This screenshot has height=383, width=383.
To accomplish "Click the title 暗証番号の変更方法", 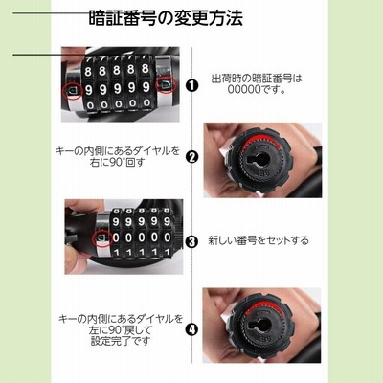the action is pyautogui.click(x=166, y=18).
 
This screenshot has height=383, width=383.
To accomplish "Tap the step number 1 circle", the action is pyautogui.click(x=191, y=85).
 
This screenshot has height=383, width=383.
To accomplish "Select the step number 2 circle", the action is pyautogui.click(x=191, y=157).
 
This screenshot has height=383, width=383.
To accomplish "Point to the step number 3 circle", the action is pyautogui.click(x=191, y=241).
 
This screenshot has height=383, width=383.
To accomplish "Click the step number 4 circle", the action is pyautogui.click(x=191, y=329).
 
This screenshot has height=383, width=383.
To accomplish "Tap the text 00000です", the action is pyautogui.click(x=257, y=90).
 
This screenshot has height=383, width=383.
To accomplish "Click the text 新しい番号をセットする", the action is pyautogui.click(x=259, y=240).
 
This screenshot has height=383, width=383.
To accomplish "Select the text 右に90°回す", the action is pyautogui.click(x=118, y=163).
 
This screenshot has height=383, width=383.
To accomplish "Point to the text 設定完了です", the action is pyautogui.click(x=121, y=341).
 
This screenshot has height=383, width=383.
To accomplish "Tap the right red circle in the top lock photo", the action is pyautogui.click(x=166, y=84).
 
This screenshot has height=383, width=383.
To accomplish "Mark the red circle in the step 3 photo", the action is pyautogui.click(x=101, y=238).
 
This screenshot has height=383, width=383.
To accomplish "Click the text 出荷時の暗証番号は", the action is pyautogui.click(x=257, y=79).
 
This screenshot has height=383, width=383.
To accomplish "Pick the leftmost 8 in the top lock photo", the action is pyautogui.click(x=88, y=72).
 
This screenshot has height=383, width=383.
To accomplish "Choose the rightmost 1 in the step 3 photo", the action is pyautogui.click(x=167, y=252).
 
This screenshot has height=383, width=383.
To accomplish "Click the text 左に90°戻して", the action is pyautogui.click(x=121, y=329).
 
